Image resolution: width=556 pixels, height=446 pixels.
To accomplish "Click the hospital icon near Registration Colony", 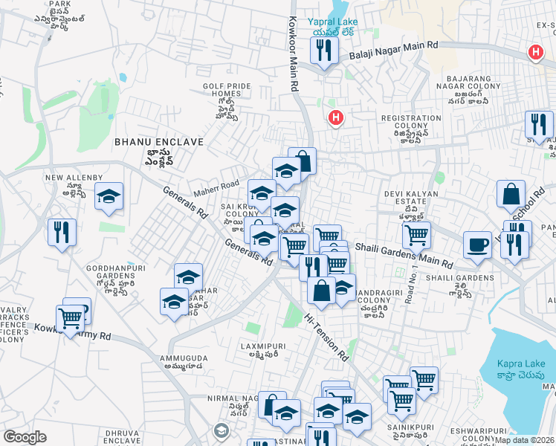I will click(336, 117).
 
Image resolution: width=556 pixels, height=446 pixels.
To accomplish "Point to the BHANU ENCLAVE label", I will click(148, 141).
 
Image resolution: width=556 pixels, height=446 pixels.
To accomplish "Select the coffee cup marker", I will click(477, 244).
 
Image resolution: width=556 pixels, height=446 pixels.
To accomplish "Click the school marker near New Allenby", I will click(109, 197).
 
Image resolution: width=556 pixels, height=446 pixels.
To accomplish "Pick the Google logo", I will click(25, 437).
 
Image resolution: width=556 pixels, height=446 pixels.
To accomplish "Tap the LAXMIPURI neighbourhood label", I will click(259, 346).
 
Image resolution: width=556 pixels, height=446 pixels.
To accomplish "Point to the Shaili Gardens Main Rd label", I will click(404, 255).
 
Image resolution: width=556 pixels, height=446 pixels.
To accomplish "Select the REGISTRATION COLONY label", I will click(411, 118).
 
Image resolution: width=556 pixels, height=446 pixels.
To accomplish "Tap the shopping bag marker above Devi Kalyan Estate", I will click(511, 195).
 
